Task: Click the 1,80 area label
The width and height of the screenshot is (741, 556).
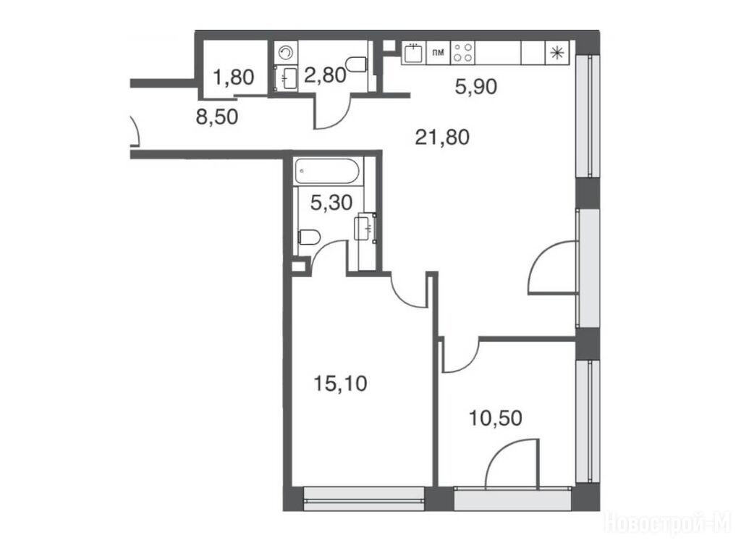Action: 234,77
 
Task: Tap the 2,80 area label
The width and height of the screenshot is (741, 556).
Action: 325,75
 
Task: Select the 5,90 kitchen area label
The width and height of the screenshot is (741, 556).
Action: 476,87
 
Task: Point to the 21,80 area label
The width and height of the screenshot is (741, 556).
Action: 442,138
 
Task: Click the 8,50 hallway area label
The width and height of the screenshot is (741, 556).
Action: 217,117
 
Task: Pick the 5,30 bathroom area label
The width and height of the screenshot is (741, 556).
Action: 331,203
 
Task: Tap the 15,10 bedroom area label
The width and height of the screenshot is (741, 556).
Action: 340,384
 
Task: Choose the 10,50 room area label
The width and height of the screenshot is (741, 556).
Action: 495,418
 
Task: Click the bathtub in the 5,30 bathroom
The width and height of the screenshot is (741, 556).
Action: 328,171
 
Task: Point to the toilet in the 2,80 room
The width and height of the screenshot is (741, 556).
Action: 357,64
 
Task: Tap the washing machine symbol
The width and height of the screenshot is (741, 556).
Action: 285,53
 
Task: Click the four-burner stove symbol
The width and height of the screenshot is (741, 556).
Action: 462,52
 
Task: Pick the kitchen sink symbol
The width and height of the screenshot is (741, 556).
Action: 414,53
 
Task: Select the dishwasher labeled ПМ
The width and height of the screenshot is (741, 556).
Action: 438,52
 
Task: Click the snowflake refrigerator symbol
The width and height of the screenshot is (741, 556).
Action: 558,52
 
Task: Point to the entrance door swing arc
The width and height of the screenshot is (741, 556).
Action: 135,130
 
